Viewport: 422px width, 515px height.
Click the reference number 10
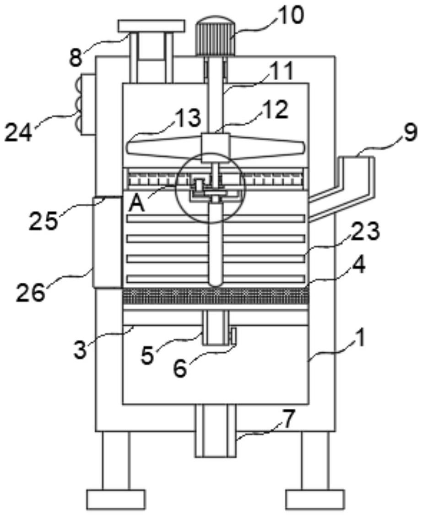(290, 16)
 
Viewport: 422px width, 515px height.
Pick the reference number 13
(187, 118)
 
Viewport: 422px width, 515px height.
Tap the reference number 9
(410, 133)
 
